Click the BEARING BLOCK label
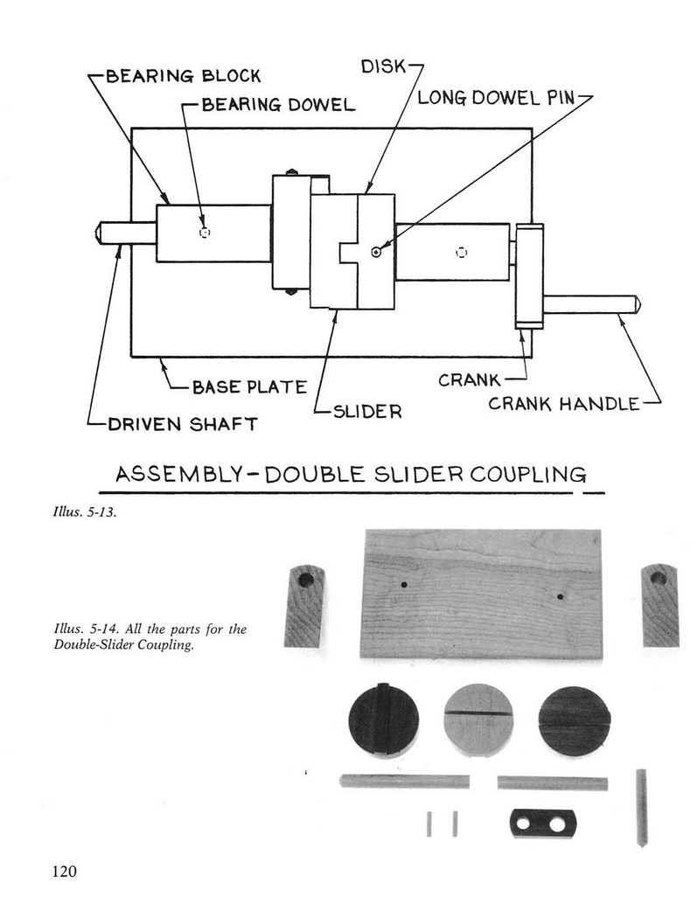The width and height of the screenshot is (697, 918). [x=183, y=76]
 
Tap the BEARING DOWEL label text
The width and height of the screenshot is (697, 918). [x=278, y=105]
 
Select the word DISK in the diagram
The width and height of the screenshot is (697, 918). [x=384, y=66]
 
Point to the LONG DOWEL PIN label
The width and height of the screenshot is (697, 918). [x=496, y=98]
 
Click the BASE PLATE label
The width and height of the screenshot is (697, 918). [x=249, y=387]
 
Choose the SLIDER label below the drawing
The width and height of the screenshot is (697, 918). [x=367, y=412]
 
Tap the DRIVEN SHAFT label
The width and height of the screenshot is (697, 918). [x=183, y=424]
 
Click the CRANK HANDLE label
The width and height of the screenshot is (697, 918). [x=563, y=403]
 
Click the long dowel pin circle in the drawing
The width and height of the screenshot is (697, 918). [x=376, y=252]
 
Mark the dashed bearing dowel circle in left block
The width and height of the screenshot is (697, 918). [x=205, y=233]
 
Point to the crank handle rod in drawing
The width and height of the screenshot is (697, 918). [x=591, y=305]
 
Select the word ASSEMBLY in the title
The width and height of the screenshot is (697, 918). [x=178, y=474]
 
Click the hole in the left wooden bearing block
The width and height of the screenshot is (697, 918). [x=306, y=581]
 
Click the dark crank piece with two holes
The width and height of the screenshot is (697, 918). [x=543, y=824]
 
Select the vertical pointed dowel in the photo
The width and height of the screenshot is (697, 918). [x=641, y=807]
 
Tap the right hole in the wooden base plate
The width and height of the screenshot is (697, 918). [x=560, y=597]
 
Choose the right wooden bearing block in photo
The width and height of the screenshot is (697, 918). [x=660, y=605]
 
